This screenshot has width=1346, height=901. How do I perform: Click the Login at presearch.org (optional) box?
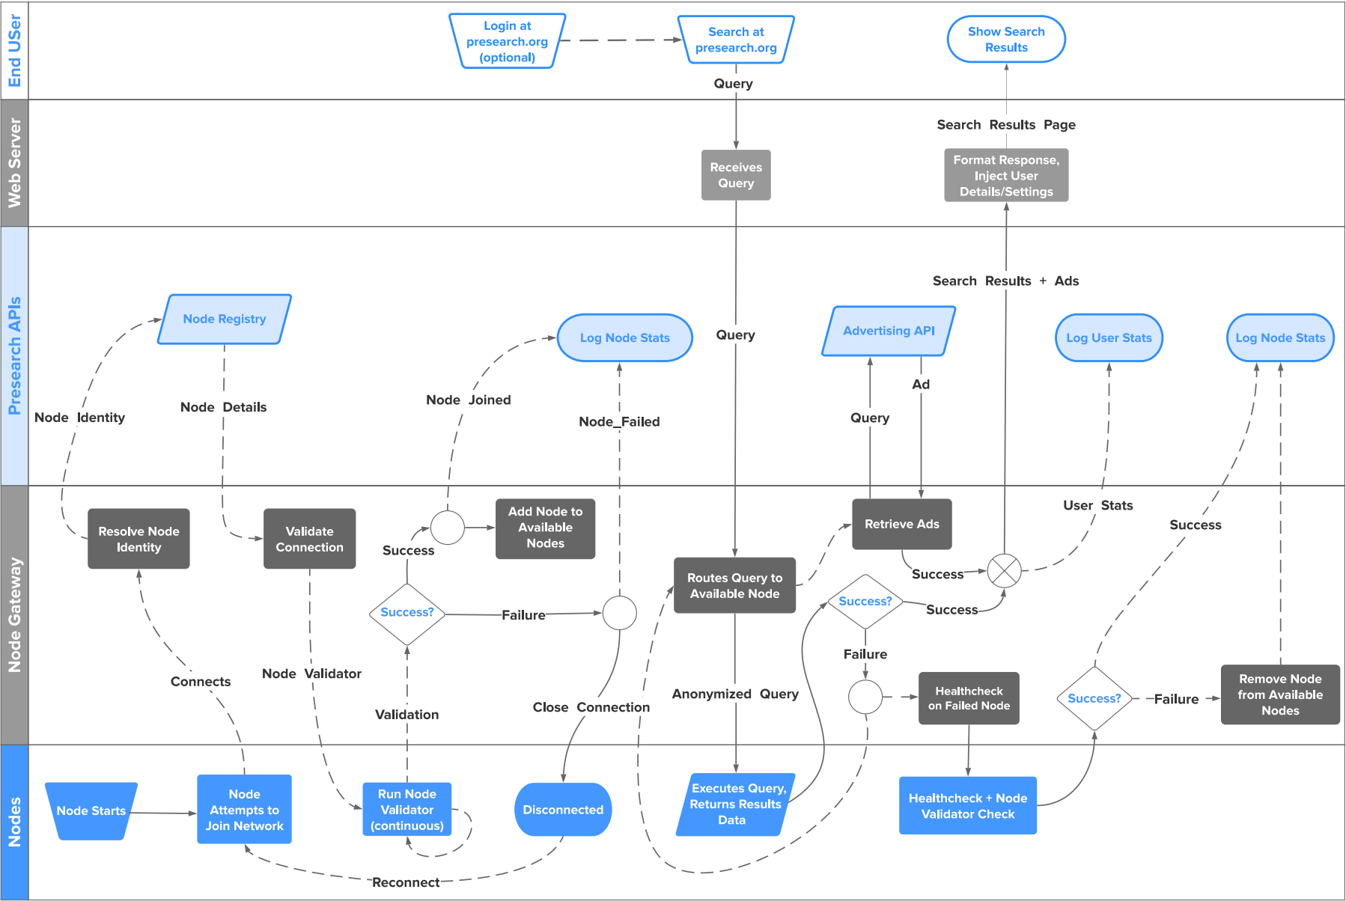coord(507,41)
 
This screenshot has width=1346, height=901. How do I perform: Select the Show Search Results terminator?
coord(1006,39)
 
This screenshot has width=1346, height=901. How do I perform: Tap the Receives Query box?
coord(736,175)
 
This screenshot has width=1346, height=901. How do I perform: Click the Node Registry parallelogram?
coord(225,319)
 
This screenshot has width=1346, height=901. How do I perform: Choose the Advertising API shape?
coord(889,331)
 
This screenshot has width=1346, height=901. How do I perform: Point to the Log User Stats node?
coord(1109,338)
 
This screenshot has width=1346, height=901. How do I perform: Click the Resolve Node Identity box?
coord(138,539)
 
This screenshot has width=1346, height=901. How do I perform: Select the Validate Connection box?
coord(309,539)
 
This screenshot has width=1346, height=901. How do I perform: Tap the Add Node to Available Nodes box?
coord(545,528)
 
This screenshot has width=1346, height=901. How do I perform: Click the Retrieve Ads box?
coord(902,524)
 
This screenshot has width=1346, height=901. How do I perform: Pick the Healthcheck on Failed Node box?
coord(969,698)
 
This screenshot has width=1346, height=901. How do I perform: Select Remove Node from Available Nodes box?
coord(1280,694)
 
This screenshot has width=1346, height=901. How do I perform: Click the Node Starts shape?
coord(91,811)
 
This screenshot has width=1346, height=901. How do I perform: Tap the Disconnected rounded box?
coord(563,810)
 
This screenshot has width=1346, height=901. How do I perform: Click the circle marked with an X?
coord(1004,571)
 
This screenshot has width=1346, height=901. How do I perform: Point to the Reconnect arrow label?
coord(406,882)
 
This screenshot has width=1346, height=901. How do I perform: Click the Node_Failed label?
coord(619,421)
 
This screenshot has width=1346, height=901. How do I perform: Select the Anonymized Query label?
coord(735,694)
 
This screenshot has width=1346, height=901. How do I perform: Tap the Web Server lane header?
coord(14,163)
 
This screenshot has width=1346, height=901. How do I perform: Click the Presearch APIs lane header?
coord(14,356)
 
